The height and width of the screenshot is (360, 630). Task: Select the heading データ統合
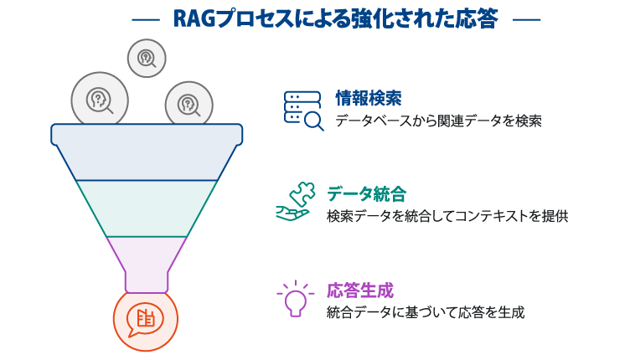[366, 194]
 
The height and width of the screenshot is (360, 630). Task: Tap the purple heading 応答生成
[359, 290]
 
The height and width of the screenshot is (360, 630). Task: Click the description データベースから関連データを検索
[438, 121]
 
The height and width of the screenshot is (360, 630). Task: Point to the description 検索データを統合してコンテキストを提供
[447, 216]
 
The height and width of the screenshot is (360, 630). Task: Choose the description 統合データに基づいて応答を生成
[426, 312]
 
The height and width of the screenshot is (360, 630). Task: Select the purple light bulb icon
[294, 297]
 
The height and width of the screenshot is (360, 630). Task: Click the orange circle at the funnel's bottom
[146, 319]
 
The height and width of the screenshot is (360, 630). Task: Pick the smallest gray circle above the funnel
[147, 58]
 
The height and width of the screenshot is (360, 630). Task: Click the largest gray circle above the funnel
[100, 99]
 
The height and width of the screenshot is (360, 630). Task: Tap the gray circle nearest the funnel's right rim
[189, 105]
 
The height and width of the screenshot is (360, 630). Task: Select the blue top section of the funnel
[147, 152]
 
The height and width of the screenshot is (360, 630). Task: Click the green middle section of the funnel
[147, 208]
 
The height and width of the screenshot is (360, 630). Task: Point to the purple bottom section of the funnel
[147, 260]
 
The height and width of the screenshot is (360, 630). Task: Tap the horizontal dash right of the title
[525, 18]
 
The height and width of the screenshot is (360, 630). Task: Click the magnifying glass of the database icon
[315, 122]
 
